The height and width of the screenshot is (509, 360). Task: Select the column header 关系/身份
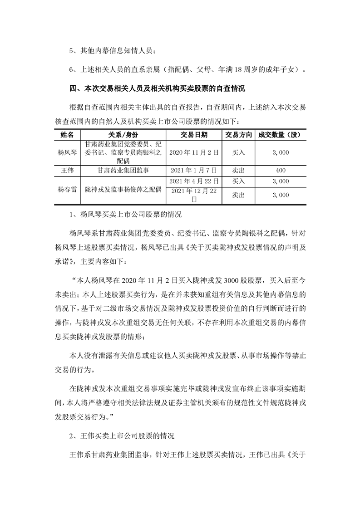coord(123,135)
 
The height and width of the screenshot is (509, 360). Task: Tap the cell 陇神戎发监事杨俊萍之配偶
coord(123,190)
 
